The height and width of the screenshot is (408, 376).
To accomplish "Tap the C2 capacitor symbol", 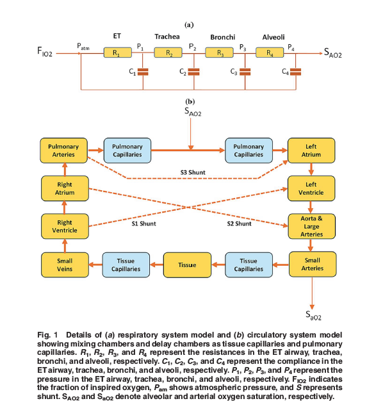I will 193,72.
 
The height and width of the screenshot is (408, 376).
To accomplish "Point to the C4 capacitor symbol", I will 295,72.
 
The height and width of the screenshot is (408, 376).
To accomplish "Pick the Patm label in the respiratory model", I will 83,47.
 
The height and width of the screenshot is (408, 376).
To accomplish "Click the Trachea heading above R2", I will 167,37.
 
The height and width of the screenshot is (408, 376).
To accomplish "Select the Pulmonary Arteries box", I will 63,151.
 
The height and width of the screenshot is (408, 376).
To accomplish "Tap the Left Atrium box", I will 311,151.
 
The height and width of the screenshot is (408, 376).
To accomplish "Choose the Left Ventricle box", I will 311,188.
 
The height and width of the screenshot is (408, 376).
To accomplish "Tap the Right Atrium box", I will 63,188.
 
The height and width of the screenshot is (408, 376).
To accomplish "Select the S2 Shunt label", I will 238,224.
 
